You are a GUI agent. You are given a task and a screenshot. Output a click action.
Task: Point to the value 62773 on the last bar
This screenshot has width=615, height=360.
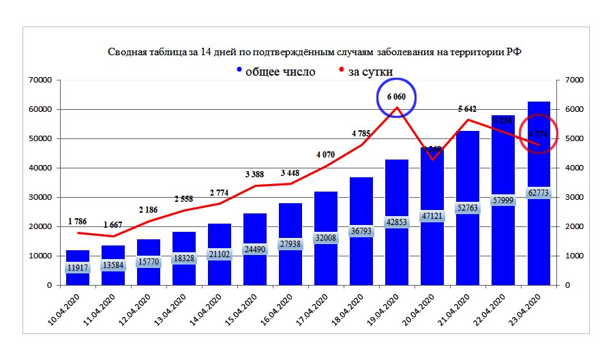[x=539, y=193]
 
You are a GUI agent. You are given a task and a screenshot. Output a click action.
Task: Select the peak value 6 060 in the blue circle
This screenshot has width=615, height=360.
[x=397, y=97]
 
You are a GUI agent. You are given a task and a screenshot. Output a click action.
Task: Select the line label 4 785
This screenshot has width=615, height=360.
[x=363, y=133]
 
